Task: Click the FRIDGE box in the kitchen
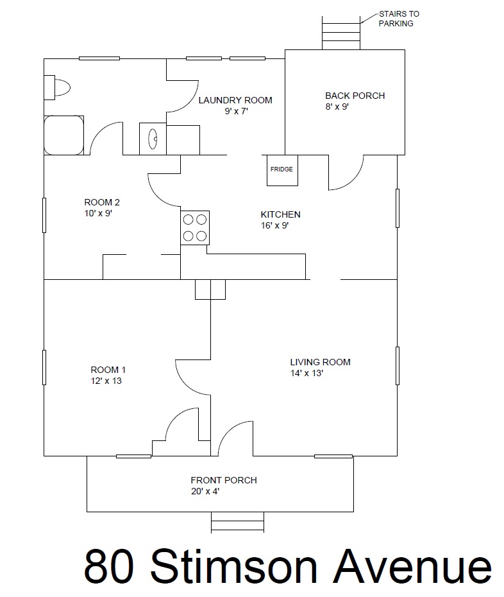pyautogui.click(x=282, y=170)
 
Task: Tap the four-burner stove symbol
pyautogui.click(x=195, y=228)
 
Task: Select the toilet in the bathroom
pyautogui.click(x=57, y=87)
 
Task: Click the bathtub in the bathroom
pyautogui.click(x=64, y=135)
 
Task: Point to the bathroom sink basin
pyautogui.click(x=153, y=139)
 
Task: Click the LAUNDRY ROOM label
pyautogui.click(x=235, y=100)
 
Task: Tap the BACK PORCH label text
pyautogui.click(x=355, y=96)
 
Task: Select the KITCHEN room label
pyautogui.click(x=280, y=214)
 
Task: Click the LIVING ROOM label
pyautogui.click(x=320, y=362)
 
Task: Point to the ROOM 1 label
pyautogui.click(x=108, y=370)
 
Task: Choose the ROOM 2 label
pyautogui.click(x=102, y=202)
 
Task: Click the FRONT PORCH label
pyautogui.click(x=224, y=480)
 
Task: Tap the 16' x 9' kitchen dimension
pyautogui.click(x=274, y=225)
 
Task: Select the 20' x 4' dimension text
pyautogui.click(x=205, y=491)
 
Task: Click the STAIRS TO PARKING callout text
pyautogui.click(x=399, y=19)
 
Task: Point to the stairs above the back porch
pyautogui.click(x=341, y=33)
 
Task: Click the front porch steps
pyautogui.click(x=238, y=522)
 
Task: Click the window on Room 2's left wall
pyautogui.click(x=44, y=215)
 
